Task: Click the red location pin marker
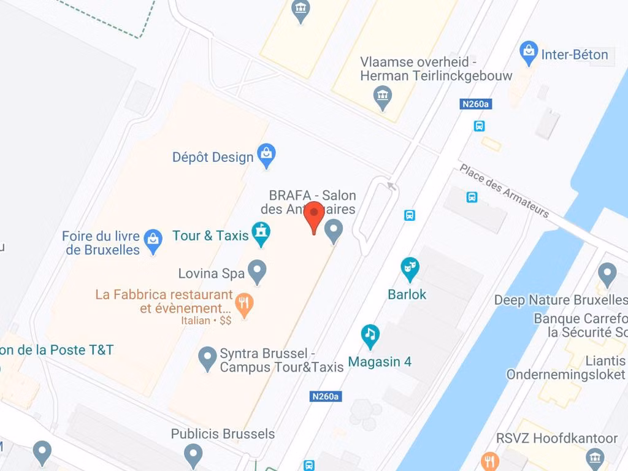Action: tap(315, 216)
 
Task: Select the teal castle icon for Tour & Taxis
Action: tap(262, 234)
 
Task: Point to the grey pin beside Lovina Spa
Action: tap(256, 272)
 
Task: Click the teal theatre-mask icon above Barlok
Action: tap(409, 268)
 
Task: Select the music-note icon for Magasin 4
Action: tap(370, 335)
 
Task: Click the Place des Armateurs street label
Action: tap(504, 191)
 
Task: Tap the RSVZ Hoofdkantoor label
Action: tap(557, 438)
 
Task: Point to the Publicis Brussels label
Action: tap(223, 434)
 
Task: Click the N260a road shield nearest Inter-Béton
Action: tap(475, 104)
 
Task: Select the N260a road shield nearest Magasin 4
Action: tap(325, 396)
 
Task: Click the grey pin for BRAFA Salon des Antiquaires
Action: tap(333, 231)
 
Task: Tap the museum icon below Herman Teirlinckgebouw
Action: tap(383, 97)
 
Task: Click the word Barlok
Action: tap(407, 294)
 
